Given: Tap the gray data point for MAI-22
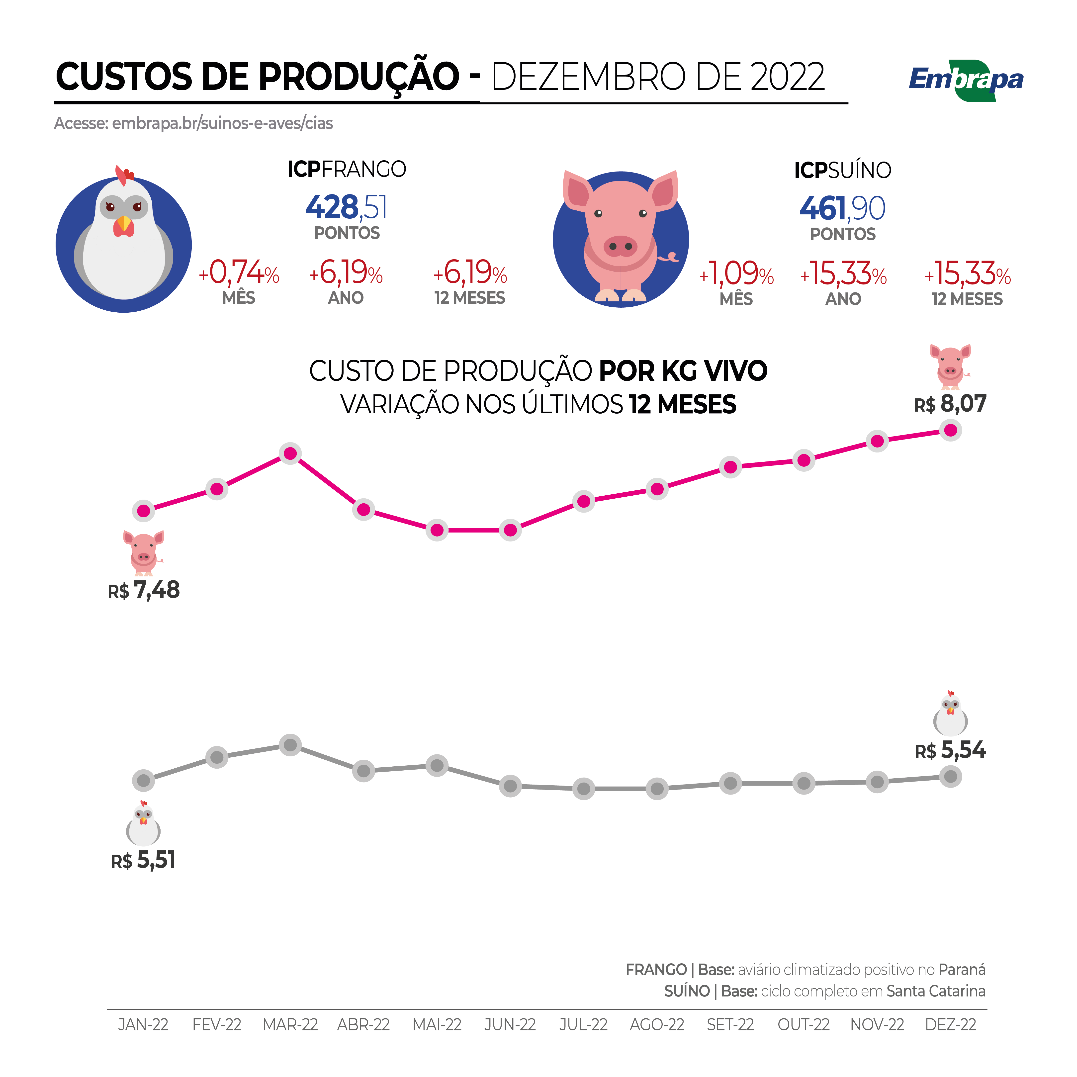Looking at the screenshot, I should (x=437, y=765).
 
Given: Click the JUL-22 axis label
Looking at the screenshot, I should (x=584, y=1025).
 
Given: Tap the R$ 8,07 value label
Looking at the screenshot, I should (x=950, y=404).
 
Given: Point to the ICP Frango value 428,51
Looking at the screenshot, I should (x=346, y=207).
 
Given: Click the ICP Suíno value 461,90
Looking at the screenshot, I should (x=842, y=208).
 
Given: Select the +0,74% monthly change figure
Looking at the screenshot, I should (x=239, y=273).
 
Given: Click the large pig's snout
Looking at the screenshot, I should (x=621, y=246).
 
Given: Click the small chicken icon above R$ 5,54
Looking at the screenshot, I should (x=950, y=714).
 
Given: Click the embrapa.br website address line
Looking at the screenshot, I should (x=193, y=123).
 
